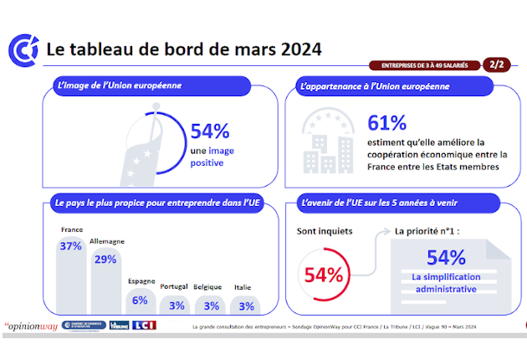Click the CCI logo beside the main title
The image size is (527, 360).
click(23, 49)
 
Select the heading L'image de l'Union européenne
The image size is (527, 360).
click(118, 85)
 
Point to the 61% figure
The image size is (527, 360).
click(387, 123)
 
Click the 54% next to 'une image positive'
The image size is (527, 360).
click(210, 131)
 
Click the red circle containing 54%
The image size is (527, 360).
click(323, 274)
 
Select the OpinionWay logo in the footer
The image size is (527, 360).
click(31, 326)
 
